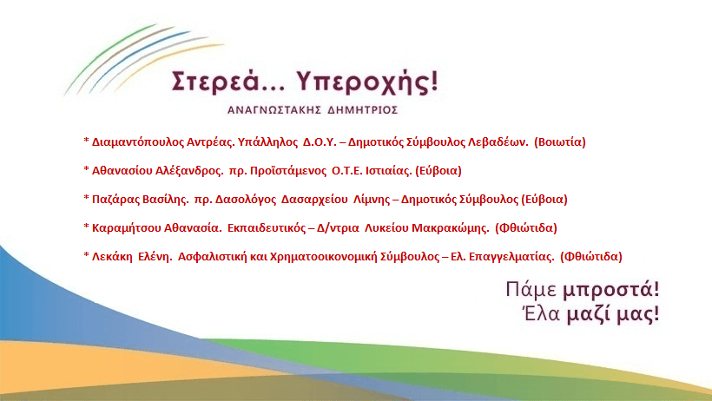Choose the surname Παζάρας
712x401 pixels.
click(x=115, y=199)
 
